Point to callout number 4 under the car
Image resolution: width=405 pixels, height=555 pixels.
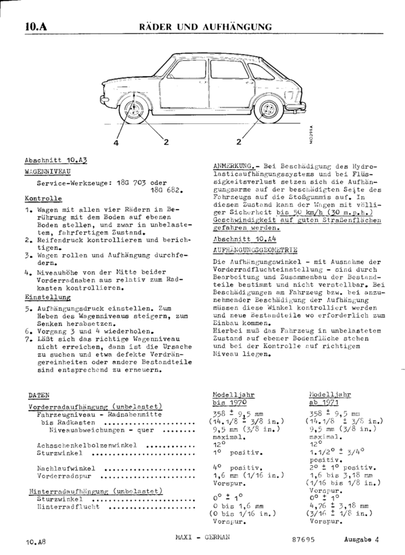point(115,143)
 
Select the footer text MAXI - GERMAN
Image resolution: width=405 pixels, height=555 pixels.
point(202,537)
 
